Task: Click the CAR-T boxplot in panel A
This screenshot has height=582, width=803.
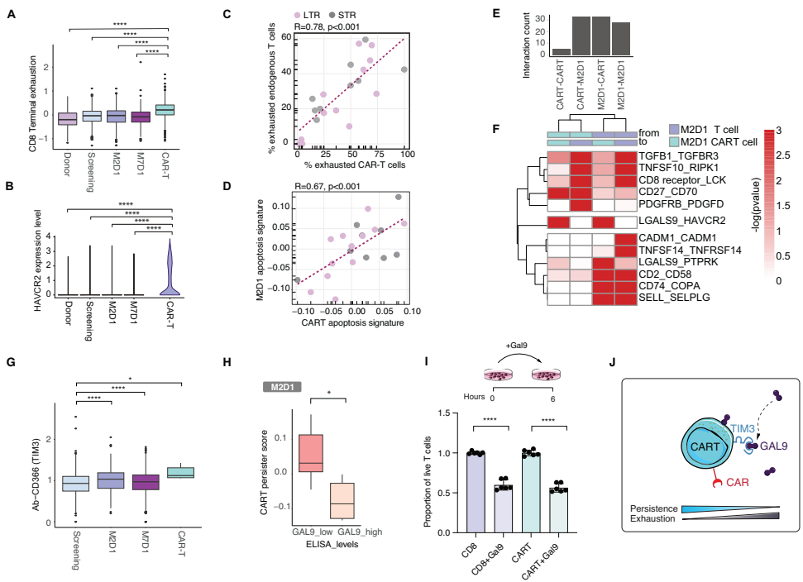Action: pyautogui.click(x=169, y=109)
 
